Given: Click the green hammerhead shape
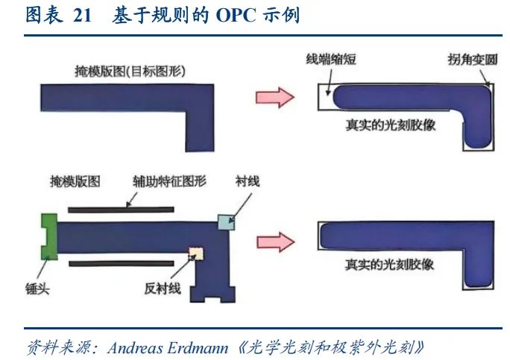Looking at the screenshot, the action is click(48, 236).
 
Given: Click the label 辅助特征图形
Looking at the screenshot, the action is click(169, 181).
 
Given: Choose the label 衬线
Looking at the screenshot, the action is click(248, 181).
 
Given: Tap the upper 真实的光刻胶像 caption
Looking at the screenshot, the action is click(391, 125).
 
